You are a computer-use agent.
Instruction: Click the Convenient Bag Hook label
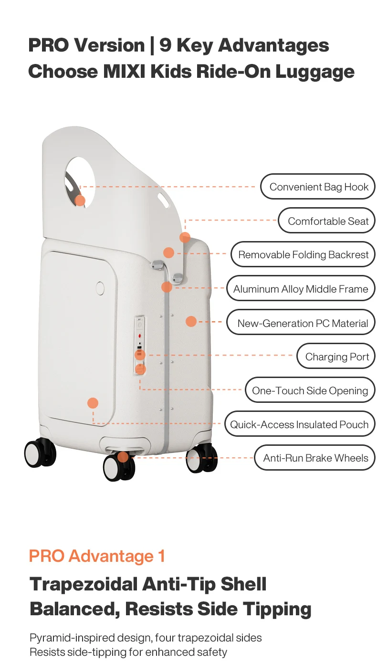click(317, 187)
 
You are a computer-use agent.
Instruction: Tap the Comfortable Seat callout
click(326, 221)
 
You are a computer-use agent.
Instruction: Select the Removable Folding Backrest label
click(303, 254)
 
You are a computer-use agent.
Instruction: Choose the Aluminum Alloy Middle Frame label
click(301, 289)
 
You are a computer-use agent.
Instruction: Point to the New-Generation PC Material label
click(301, 323)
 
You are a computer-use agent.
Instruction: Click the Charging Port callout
click(336, 357)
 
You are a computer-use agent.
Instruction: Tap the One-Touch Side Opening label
click(310, 390)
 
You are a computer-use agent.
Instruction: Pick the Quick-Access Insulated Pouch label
click(300, 424)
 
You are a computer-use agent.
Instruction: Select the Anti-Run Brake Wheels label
click(314, 458)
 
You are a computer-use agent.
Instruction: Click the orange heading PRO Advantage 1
click(97, 556)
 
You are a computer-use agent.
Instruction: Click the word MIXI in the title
click(124, 72)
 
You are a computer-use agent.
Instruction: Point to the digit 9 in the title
click(166, 45)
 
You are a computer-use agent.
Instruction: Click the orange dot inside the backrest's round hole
click(80, 200)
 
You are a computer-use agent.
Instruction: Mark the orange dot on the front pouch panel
click(93, 403)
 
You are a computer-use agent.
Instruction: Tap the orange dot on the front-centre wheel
click(123, 457)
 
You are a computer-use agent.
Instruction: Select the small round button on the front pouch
click(100, 288)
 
